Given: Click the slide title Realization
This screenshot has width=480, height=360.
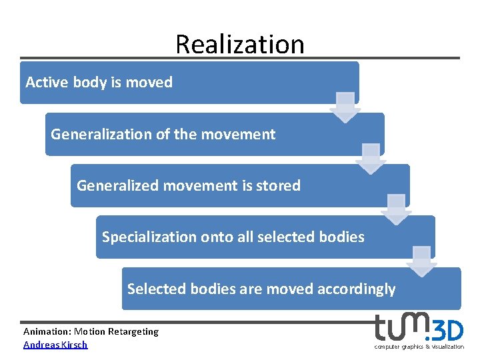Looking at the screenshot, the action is pyautogui.click(x=239, y=44).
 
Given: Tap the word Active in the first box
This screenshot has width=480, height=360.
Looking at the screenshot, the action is pyautogui.click(x=47, y=83).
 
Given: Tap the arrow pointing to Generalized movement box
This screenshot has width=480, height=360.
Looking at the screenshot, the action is pyautogui.click(x=371, y=159).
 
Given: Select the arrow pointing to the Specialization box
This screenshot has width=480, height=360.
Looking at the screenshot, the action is pyautogui.click(x=396, y=209).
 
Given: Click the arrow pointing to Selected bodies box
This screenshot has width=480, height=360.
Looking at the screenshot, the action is pyautogui.click(x=421, y=261).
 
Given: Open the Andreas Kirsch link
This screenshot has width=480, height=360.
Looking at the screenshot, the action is pyautogui.click(x=55, y=345).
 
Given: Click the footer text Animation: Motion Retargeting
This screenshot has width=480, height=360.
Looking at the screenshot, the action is pyautogui.click(x=91, y=331).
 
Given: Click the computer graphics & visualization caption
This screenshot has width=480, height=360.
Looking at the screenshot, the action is pyautogui.click(x=419, y=347).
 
